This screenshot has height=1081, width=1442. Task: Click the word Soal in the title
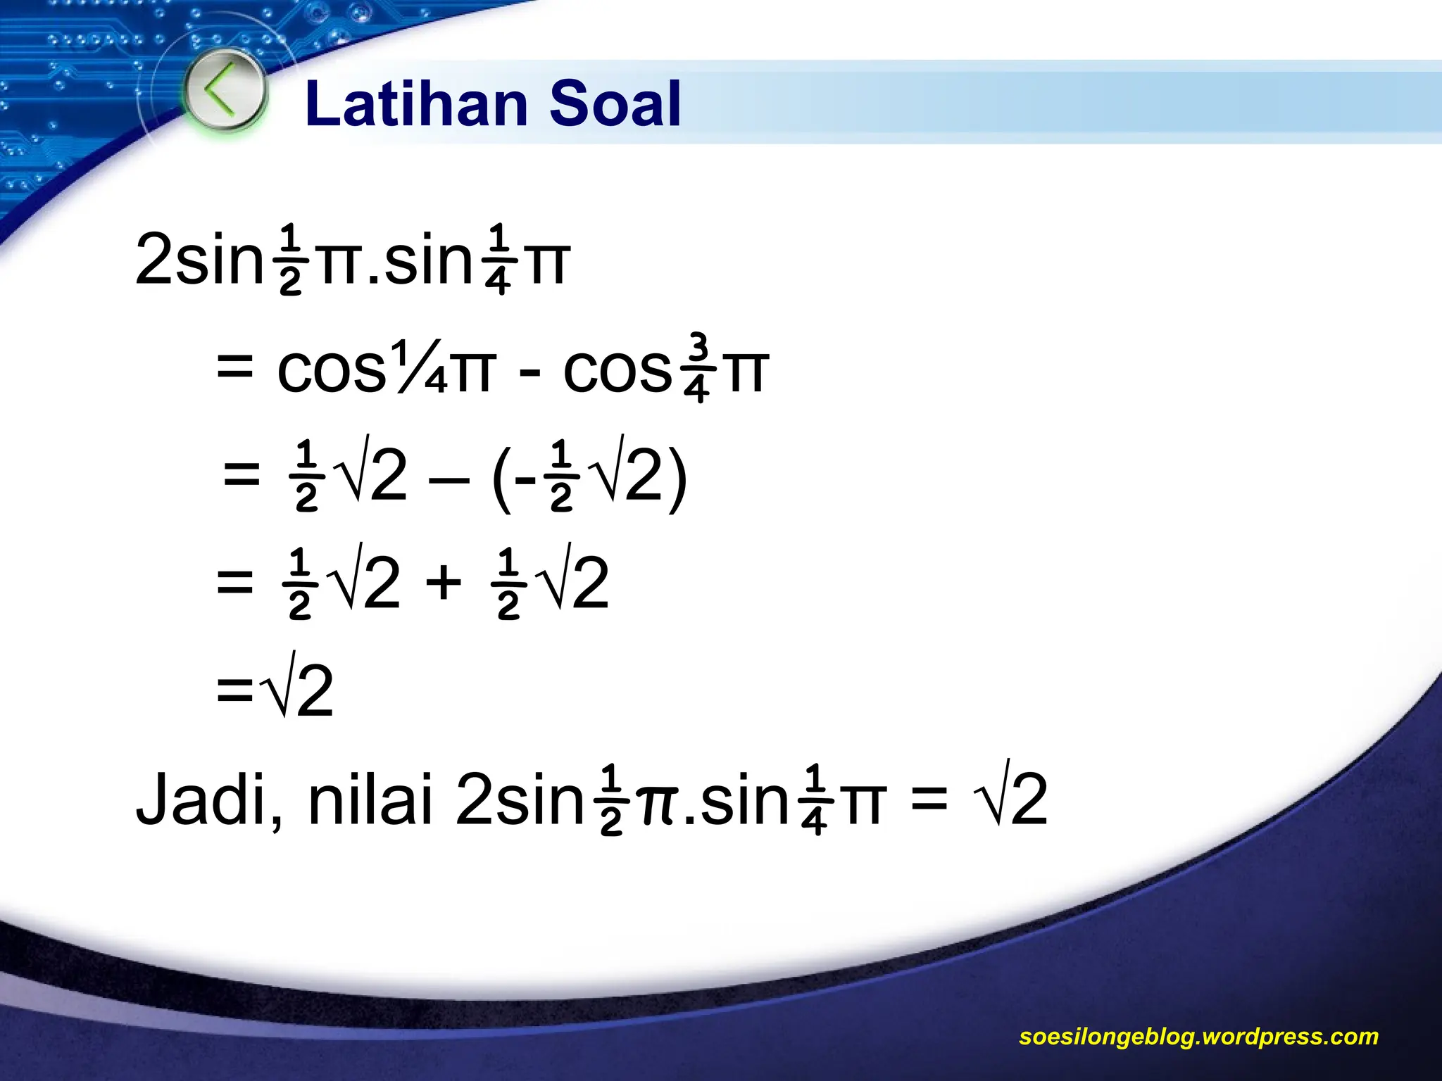(x=615, y=104)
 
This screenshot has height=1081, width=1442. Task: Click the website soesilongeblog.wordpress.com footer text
(x=1198, y=1037)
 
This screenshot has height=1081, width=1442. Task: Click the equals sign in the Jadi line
(x=929, y=800)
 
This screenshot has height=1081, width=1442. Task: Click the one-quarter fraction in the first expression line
(x=498, y=259)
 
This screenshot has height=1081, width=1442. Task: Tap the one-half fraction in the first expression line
(x=290, y=259)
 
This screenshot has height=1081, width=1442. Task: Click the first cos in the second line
(x=331, y=370)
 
